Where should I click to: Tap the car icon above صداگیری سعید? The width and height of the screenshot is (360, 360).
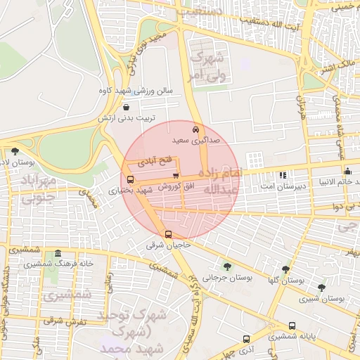195,130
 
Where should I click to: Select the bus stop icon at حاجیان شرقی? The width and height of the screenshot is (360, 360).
168,235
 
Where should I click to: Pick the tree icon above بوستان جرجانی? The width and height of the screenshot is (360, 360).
226,266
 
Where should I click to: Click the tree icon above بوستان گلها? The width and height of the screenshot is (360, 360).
285,269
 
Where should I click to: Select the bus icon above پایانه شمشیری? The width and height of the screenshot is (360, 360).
292,326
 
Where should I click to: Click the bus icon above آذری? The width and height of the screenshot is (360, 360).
246,338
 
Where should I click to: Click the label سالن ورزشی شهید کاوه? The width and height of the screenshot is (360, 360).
126,91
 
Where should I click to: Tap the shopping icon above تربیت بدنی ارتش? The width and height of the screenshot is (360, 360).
126,108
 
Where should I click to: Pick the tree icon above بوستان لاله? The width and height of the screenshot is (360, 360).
15,151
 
